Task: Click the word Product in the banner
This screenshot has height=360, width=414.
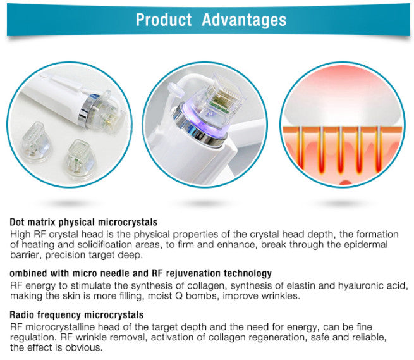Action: point(164,20)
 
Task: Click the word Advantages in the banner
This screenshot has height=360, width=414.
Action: point(243,20)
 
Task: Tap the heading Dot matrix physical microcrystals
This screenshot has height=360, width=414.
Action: point(84,223)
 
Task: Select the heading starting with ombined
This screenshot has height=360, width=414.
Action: point(141,274)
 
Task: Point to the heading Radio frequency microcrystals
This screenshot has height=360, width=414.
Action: point(77,315)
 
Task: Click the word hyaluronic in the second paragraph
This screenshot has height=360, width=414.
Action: point(356,285)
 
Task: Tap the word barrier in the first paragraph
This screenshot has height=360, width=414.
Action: point(25,255)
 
